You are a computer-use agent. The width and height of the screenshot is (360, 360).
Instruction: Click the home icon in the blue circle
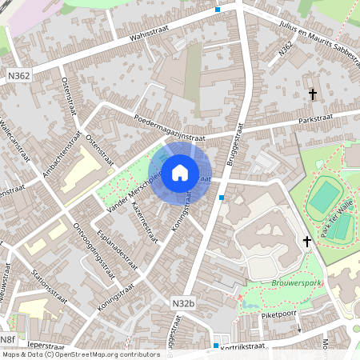[180, 172]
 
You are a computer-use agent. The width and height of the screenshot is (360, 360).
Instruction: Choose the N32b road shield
[183, 304]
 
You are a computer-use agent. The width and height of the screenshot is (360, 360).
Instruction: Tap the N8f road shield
[8, 339]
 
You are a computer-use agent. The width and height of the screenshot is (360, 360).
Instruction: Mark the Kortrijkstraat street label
[254, 345]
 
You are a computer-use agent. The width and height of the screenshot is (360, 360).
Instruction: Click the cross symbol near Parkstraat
[313, 94]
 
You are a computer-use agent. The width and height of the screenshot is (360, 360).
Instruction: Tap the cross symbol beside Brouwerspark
[306, 241]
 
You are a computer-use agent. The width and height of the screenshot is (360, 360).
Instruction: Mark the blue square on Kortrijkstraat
[216, 346]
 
